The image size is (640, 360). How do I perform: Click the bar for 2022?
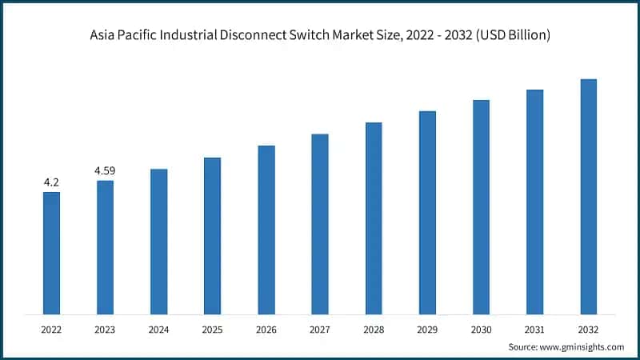click(x=51, y=253)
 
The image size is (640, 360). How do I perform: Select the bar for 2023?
click(x=105, y=247)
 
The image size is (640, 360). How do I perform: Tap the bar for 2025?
click(x=212, y=235)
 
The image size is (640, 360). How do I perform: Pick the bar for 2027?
click(x=320, y=224)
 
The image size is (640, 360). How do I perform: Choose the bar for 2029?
click(x=427, y=212)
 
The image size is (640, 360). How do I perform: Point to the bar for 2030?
click(x=481, y=206)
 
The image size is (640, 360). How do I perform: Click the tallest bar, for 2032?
click(x=588, y=196)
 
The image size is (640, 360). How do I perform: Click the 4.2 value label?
click(x=51, y=182)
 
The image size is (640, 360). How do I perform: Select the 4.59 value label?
click(x=105, y=171)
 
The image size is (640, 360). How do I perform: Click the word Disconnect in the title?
click(x=277, y=35)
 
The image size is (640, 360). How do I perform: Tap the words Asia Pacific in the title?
click(x=118, y=35)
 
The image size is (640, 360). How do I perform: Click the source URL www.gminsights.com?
click(x=582, y=347)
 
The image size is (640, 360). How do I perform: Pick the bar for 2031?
click(x=534, y=201)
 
